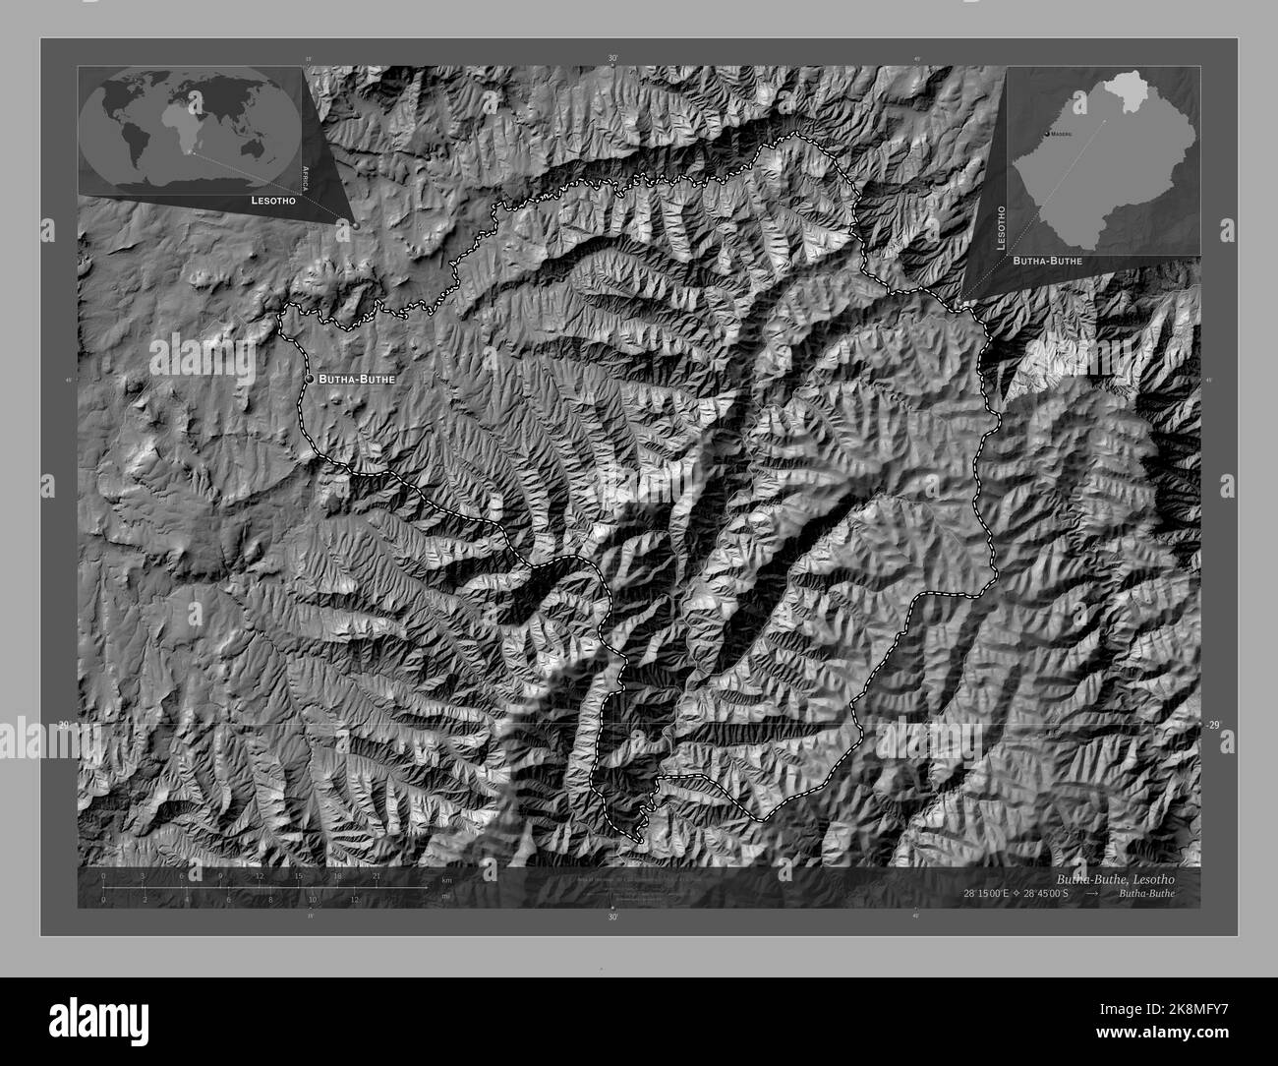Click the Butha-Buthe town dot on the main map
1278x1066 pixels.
coord(309,378)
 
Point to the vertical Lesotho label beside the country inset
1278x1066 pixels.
coord(1001,228)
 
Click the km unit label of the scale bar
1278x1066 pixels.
coord(446,879)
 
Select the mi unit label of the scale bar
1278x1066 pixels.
coord(445,896)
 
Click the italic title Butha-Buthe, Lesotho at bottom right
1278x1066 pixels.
coord(1115,876)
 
